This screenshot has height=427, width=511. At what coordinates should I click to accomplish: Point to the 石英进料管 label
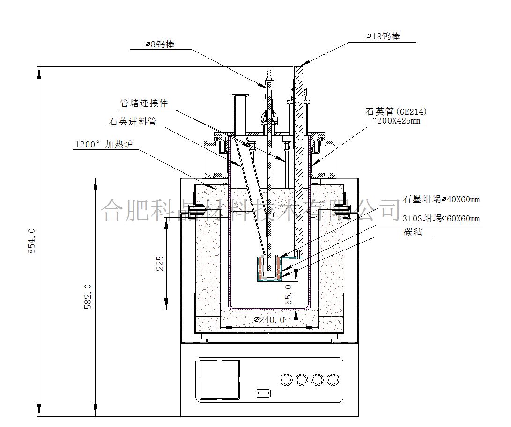click(x=133, y=121)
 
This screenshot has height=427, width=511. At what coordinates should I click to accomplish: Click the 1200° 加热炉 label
click(x=104, y=144)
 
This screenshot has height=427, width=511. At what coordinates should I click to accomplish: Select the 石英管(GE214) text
click(x=396, y=112)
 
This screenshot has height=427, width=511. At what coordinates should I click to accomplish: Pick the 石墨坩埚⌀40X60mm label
click(x=441, y=199)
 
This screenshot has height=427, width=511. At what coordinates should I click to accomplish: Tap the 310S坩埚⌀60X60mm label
click(x=441, y=218)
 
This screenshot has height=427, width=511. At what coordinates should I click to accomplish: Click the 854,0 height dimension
click(x=32, y=241)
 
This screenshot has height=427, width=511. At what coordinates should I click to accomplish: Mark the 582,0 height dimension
click(x=88, y=296)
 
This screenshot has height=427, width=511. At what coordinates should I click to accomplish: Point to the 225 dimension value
click(x=160, y=264)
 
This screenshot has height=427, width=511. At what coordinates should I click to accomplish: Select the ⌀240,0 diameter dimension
click(x=269, y=320)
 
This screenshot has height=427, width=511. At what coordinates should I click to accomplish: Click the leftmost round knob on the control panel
click(x=287, y=379)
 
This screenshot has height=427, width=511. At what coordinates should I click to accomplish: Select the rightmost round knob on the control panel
click(x=333, y=379)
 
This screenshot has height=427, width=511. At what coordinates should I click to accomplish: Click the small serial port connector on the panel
click(x=263, y=393)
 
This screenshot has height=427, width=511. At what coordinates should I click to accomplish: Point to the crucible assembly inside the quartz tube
click(x=269, y=268)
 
